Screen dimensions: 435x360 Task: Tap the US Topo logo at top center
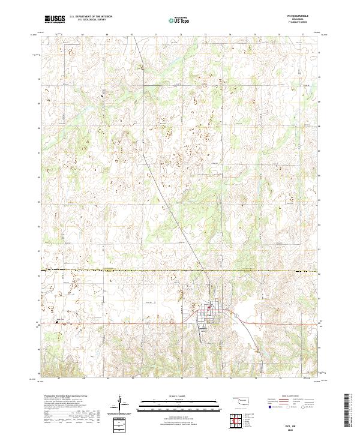[x=179, y=19]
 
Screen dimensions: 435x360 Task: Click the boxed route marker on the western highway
[x=57, y=321]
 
